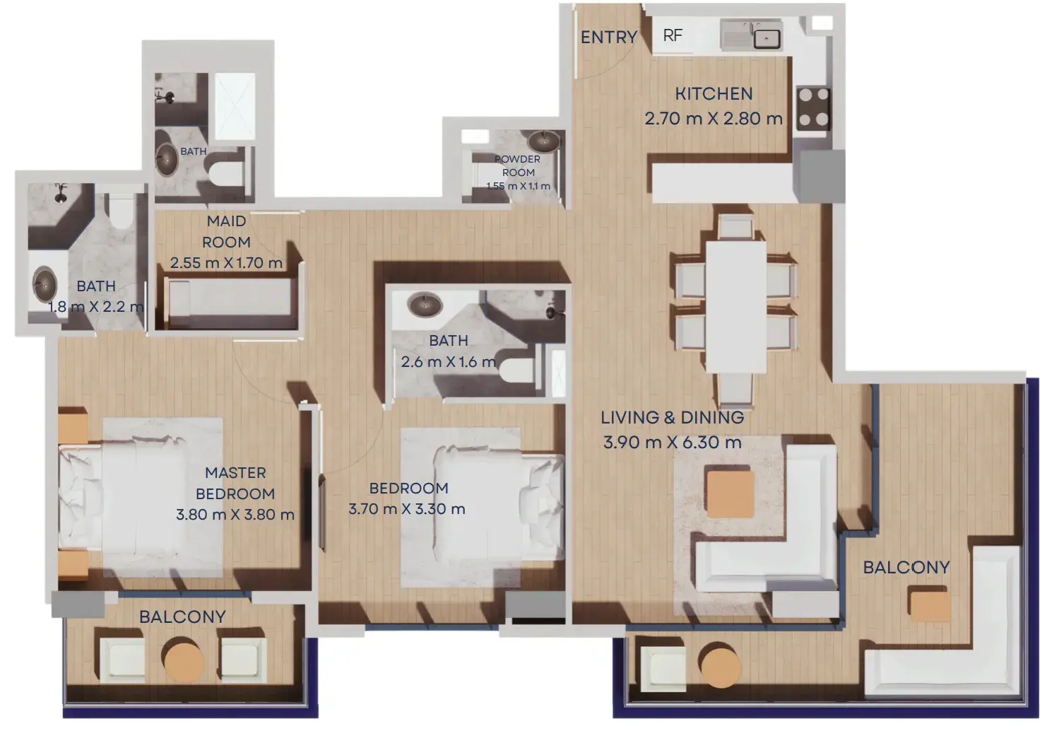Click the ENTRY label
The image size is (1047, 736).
tap(608, 37)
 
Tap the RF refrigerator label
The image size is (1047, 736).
tap(673, 35)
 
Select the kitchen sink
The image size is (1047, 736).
tap(751, 35)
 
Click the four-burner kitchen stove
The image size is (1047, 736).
tap(814, 109)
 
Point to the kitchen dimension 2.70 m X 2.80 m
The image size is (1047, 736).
tap(714, 119)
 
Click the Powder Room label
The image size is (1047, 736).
tap(517, 165)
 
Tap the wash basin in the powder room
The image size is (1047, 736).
tap(543, 141)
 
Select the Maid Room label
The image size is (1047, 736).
tap(226, 232)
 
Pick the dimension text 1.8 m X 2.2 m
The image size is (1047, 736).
tap(96, 307)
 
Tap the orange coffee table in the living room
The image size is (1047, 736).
tap(730, 494)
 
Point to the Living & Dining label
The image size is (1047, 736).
tap(672, 417)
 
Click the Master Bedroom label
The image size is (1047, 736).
tap(235, 484)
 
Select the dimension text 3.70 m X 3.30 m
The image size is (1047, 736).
tap(407, 509)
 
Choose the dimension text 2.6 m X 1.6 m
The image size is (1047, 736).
tap(448, 362)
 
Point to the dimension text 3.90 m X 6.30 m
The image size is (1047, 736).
tap(672, 442)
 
